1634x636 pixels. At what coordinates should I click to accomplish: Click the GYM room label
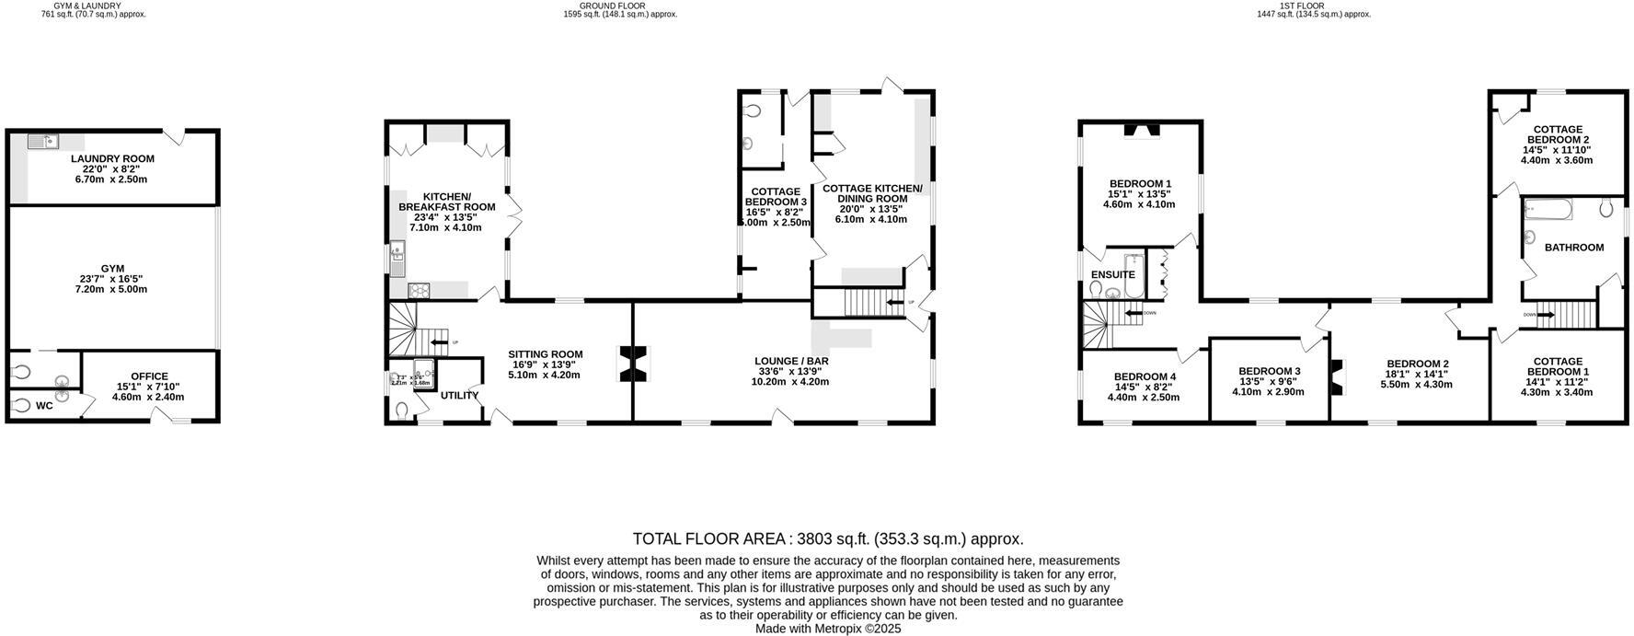click(112, 269)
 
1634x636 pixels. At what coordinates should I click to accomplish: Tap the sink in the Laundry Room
click(41, 141)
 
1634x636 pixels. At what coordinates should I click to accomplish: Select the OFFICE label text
click(149, 376)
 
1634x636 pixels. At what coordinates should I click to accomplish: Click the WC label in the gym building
click(44, 406)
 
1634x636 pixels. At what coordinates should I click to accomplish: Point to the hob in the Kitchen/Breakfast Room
click(420, 291)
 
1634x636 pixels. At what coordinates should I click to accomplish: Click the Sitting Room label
click(546, 354)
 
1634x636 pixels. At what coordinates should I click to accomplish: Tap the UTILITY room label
click(459, 396)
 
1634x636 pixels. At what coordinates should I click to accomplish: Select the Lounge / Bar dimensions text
click(789, 381)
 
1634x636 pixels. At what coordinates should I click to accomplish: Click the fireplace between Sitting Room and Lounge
click(633, 364)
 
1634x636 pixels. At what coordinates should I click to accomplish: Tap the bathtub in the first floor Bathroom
click(1548, 210)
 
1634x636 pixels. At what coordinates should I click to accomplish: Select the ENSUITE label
click(1112, 274)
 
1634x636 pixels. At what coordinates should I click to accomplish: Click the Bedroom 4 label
click(1145, 376)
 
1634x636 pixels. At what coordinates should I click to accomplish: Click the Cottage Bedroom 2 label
click(1557, 134)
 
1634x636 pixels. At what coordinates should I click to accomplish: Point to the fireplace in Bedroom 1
click(1141, 130)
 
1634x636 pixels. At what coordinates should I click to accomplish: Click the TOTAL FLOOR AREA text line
click(827, 539)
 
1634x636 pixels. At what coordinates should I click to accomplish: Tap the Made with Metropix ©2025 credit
click(827, 629)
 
